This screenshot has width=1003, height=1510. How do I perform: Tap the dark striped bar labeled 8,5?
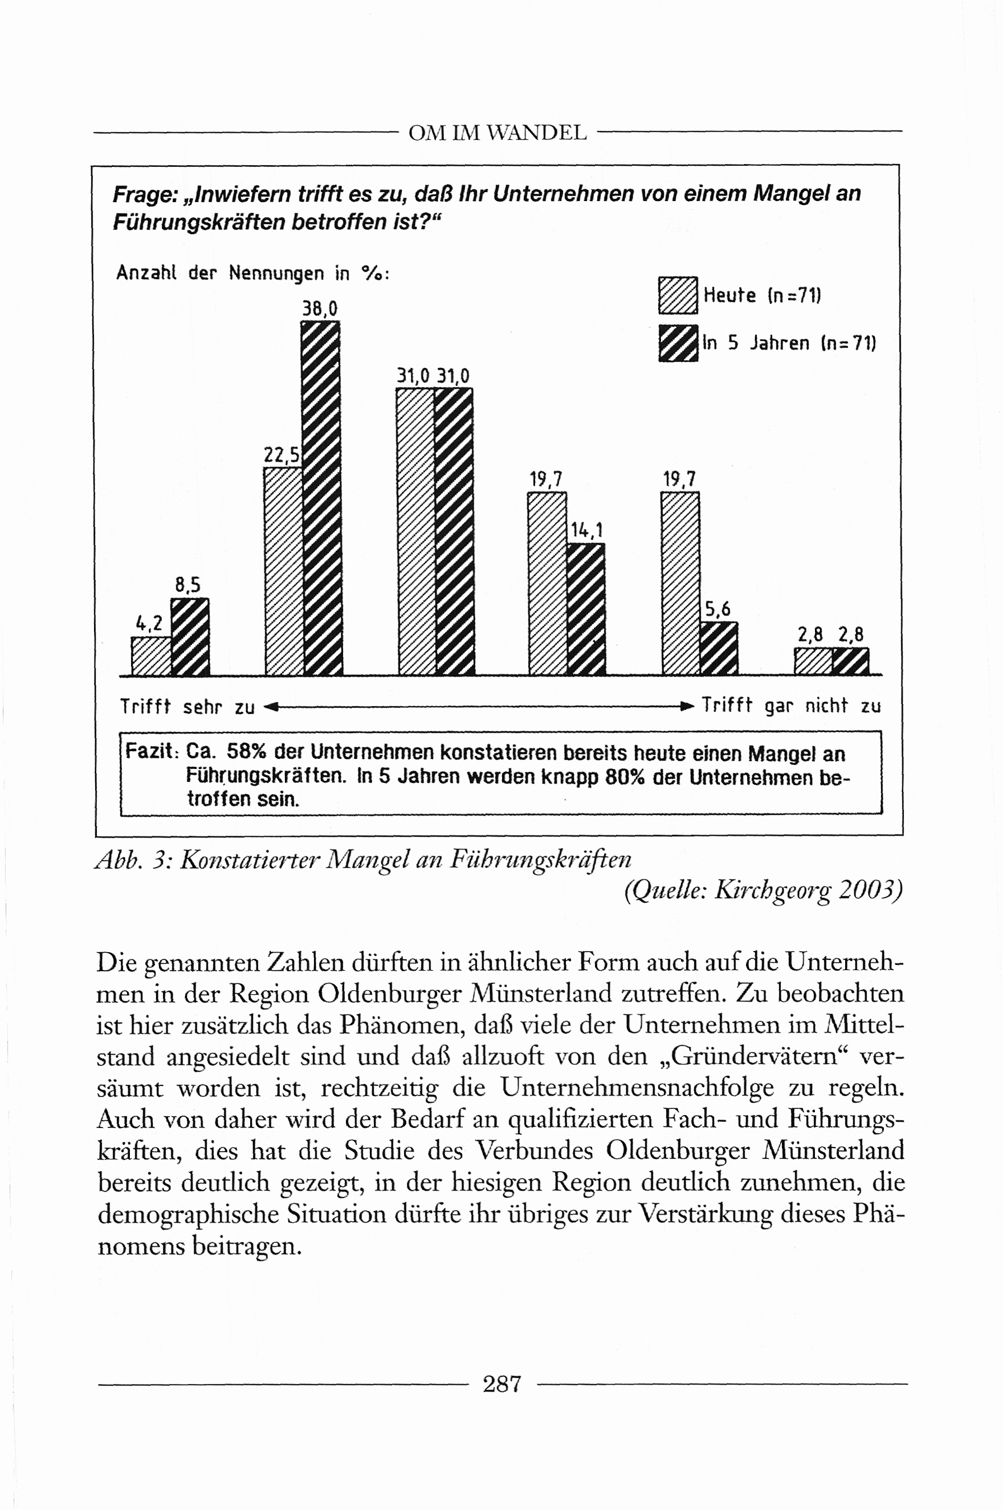pos(190,637)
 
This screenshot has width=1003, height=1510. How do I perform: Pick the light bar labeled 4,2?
pos(151,656)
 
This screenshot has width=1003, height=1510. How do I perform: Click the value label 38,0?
pos(320,309)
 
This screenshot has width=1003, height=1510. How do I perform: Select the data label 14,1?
pos(587,530)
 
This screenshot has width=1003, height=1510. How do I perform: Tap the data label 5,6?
pos(718,609)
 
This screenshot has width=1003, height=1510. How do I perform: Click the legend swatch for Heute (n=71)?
pos(678,295)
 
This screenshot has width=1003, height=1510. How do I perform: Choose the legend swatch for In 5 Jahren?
pos(678,343)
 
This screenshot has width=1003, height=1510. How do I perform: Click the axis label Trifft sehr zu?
pos(188,707)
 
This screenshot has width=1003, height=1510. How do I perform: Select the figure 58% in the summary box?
pos(246,752)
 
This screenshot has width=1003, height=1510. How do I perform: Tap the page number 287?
pos(502,1384)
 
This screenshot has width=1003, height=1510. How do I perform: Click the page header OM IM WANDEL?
pos(498,133)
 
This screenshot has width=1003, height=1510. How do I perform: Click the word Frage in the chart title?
pos(144,194)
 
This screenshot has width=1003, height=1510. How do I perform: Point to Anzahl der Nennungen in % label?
pos(252,273)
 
